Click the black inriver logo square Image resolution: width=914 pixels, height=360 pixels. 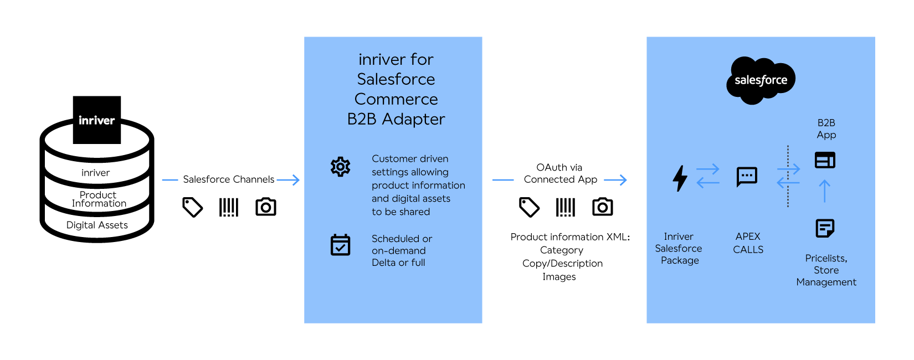point(97,120)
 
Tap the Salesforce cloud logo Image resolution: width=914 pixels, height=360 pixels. point(761,80)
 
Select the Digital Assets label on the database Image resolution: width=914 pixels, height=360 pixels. point(97,225)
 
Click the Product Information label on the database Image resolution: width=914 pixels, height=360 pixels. point(99,199)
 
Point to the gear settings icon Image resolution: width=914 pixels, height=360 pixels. point(340,166)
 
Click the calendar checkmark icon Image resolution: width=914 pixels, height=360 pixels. point(340,245)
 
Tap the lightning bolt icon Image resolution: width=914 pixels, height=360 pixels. point(680,178)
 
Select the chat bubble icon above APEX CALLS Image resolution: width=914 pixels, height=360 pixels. point(747,177)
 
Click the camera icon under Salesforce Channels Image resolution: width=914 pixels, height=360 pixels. point(266,207)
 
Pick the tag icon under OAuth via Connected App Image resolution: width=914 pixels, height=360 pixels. point(529,207)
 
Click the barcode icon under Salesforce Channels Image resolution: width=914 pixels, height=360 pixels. point(229,207)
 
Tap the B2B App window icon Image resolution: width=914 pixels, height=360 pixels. point(825,160)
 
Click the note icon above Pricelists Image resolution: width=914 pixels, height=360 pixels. point(825,228)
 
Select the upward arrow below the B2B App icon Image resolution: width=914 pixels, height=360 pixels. point(825,191)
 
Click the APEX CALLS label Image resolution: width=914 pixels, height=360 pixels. point(748,243)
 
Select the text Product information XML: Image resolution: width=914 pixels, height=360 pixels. point(570,237)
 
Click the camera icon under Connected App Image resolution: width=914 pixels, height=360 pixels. point(602,207)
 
